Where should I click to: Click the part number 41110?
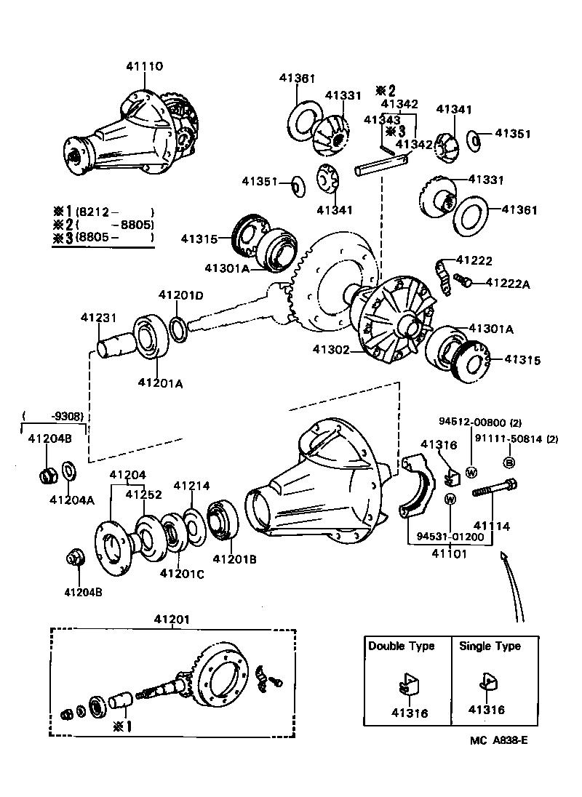pyautogui.click(x=144, y=66)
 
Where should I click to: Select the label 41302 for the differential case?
pyautogui.click(x=332, y=350)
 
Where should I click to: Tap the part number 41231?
pyautogui.click(x=98, y=318)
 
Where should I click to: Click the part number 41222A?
pyautogui.click(x=508, y=283)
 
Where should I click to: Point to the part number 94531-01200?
pyautogui.click(x=450, y=537)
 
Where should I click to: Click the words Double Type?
pyautogui.click(x=401, y=646)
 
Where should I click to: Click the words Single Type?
pyautogui.click(x=490, y=646)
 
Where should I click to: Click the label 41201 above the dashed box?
pyautogui.click(x=172, y=619)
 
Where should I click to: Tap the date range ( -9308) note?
pyautogui.click(x=54, y=417)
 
